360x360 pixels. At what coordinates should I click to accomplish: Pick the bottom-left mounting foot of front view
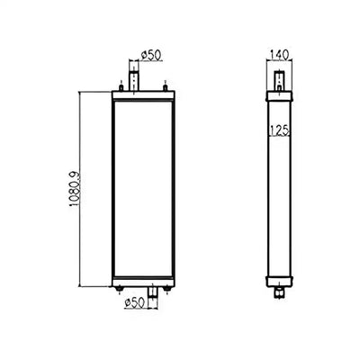coord(120,289)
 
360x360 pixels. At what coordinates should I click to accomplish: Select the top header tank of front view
coord(142,95)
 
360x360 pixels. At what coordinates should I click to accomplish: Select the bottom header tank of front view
coord(142,279)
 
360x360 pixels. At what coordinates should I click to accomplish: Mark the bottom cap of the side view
coord(279,279)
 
